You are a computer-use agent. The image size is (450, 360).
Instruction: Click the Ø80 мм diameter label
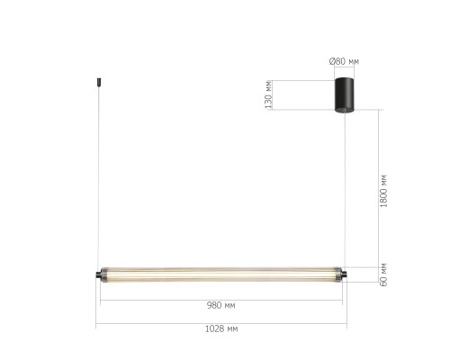pyautogui.click(x=345, y=61)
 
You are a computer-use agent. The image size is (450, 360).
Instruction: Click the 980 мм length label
pyautogui.click(x=220, y=305)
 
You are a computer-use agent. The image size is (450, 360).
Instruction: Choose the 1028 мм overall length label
pyautogui.click(x=220, y=329)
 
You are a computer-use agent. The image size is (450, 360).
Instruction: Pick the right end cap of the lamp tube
pyautogui.click(x=341, y=273)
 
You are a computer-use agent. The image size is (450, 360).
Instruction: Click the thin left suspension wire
pyautogui.click(x=96, y=180)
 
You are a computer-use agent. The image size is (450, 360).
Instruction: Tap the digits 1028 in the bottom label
pyautogui.click(x=214, y=329)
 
